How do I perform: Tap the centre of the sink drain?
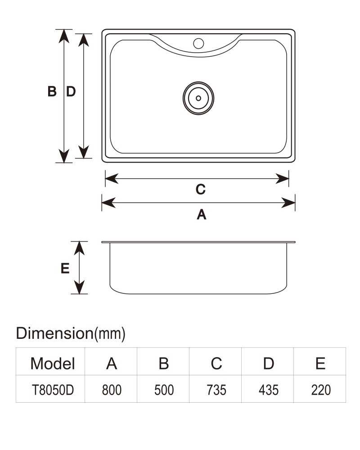[x=198, y=98]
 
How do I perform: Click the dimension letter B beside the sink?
[x=52, y=91]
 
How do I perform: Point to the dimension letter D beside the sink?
[x=71, y=91]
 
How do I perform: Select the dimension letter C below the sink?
[x=201, y=189]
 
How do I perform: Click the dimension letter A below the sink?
[x=202, y=214]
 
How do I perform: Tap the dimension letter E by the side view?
[x=65, y=268]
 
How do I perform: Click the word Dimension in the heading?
[x=55, y=333]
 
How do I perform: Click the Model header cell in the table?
[x=53, y=363]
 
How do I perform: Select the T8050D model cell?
[x=53, y=390]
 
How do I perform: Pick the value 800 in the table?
[x=112, y=390]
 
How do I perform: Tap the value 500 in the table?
[x=164, y=390]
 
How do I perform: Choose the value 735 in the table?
[x=216, y=390]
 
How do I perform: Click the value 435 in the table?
[x=269, y=390]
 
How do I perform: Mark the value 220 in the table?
[x=321, y=390]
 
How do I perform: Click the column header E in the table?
[x=320, y=363]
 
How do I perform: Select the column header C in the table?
[x=216, y=363]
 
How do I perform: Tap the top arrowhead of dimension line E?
[x=79, y=248]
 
